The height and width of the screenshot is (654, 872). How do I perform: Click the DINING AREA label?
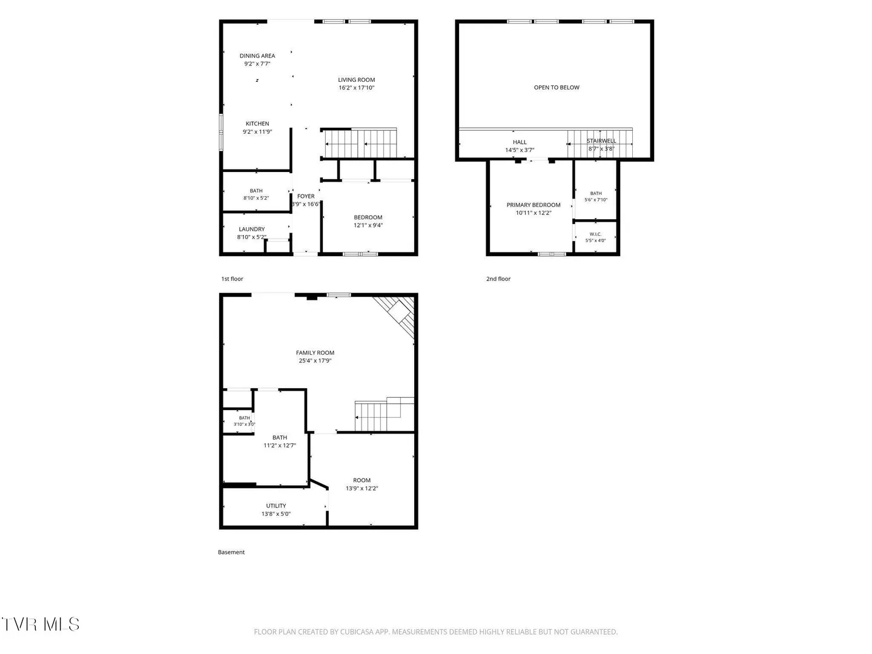pyautogui.click(x=257, y=56)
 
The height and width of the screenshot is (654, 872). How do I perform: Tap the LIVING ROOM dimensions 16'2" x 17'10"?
pyautogui.click(x=356, y=88)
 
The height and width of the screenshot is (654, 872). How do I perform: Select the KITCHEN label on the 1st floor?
pyautogui.click(x=257, y=124)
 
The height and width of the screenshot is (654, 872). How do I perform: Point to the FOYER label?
pyautogui.click(x=305, y=196)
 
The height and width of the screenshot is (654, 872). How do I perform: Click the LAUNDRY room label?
pyautogui.click(x=251, y=229)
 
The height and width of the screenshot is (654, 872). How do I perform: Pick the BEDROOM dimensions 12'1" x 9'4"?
pyautogui.click(x=368, y=225)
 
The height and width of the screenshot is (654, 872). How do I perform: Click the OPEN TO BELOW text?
pyautogui.click(x=556, y=87)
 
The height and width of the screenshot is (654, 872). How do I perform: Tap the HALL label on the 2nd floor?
pyautogui.click(x=519, y=142)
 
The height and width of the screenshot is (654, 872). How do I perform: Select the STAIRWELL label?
pyautogui.click(x=601, y=140)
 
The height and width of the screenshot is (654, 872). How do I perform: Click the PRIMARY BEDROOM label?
pyautogui.click(x=533, y=205)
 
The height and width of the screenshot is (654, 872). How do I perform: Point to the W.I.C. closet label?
pyautogui.click(x=595, y=234)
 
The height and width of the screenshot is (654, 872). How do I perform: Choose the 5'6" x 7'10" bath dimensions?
pyautogui.click(x=595, y=200)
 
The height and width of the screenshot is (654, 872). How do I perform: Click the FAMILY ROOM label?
pyautogui.click(x=315, y=352)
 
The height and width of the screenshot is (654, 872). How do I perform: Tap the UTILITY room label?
pyautogui.click(x=276, y=506)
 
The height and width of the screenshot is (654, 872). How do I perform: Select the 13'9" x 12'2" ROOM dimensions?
pyautogui.click(x=362, y=489)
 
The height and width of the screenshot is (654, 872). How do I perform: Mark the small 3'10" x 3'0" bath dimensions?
pyautogui.click(x=244, y=424)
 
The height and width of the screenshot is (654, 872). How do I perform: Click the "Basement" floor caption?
pyautogui.click(x=231, y=552)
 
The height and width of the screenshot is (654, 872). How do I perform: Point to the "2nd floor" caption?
pyautogui.click(x=498, y=279)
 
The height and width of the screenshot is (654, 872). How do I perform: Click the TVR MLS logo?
pyautogui.click(x=41, y=624)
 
